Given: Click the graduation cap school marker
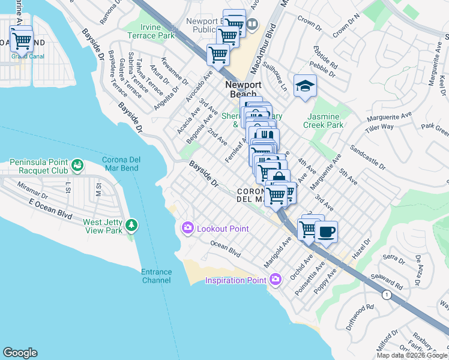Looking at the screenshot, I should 305,86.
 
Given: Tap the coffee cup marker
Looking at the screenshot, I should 326,232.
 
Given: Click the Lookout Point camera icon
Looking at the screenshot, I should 187,228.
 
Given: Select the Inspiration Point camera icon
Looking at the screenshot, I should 276,280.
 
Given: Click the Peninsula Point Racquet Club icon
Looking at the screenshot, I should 77,164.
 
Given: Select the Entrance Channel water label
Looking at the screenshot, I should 156,276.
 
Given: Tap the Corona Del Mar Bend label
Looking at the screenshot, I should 120,164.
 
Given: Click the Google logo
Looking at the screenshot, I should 20,353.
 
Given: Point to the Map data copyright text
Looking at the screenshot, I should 412,355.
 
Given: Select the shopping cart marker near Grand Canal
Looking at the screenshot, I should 21,41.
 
